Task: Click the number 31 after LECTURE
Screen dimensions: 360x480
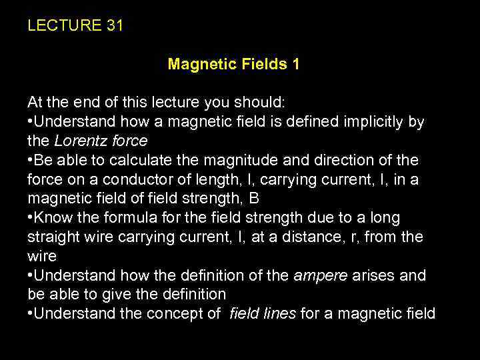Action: [x=114, y=26]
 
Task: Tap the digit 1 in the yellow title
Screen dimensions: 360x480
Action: [x=295, y=64]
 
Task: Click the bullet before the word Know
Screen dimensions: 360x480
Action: [x=30, y=219]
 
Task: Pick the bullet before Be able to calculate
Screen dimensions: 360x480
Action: [x=30, y=161]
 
